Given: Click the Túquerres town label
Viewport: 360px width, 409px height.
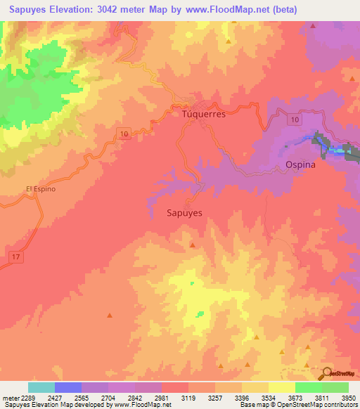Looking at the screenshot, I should (203, 113).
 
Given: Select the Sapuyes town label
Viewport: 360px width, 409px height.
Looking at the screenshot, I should (186, 212).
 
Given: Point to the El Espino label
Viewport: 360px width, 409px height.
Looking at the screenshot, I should (40, 189).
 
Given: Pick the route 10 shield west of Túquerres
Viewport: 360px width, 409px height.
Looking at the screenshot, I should (124, 134).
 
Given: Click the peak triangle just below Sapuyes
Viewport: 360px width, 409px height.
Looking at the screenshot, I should (193, 245).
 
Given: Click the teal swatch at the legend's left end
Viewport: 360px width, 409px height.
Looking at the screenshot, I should (41, 387).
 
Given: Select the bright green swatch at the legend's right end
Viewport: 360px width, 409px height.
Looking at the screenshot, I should (335, 387).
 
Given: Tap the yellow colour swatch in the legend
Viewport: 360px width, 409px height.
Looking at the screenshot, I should (282, 387).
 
